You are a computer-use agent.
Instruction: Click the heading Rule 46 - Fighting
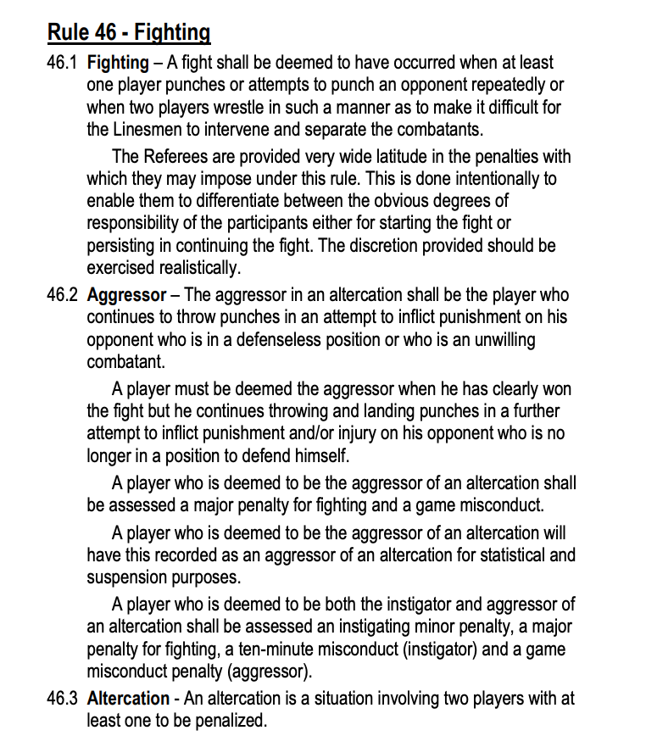point(129,32)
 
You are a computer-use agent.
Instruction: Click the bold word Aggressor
point(126,295)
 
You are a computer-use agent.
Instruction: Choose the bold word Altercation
point(128,698)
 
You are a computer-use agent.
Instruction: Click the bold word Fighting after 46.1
point(119,63)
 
